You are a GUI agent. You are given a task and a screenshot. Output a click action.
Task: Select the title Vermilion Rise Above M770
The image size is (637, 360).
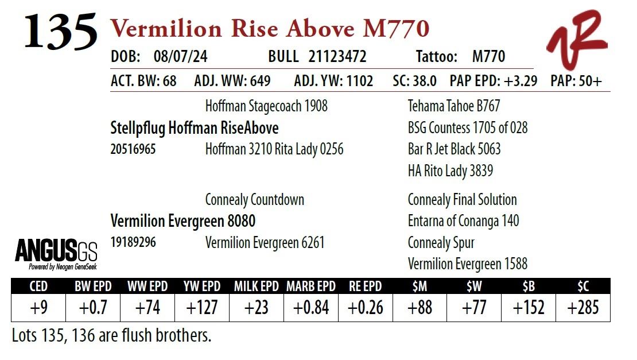pos(270,28)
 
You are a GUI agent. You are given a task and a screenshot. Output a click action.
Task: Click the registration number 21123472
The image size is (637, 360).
pos(337,57)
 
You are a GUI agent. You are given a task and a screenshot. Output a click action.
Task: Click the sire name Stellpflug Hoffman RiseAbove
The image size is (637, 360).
pos(195,127)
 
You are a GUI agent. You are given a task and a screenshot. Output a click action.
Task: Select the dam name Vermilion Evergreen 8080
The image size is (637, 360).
pos(183,220)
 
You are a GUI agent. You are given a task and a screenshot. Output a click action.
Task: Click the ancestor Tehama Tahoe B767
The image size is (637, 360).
pos(454,106)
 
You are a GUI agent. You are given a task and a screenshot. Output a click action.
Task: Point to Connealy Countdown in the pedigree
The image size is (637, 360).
pos(255,200)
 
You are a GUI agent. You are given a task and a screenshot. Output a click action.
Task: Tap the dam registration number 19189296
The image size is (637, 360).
pos(133,242)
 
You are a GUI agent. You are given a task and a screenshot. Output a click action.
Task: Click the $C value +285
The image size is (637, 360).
pos(582,308)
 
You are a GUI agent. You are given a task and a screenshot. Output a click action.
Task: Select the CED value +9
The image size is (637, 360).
pos(38,308)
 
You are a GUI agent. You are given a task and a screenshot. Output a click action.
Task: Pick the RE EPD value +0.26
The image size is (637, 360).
pos(366,308)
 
